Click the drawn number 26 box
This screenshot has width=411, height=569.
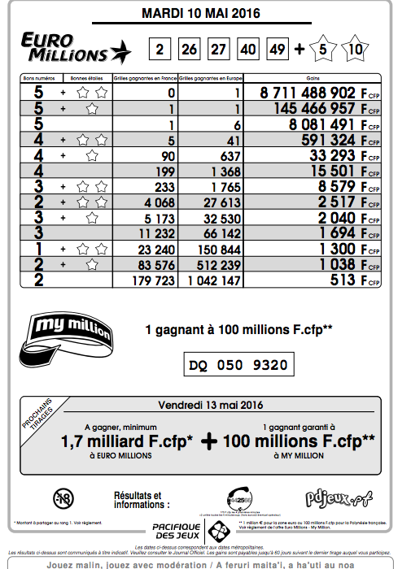point(189,50)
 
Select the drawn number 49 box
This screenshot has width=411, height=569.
point(278,50)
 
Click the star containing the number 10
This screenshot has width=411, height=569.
point(356,50)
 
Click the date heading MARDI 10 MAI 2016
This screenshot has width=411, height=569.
point(206,14)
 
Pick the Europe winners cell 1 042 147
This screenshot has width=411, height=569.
point(210,280)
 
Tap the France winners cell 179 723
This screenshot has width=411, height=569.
point(154,280)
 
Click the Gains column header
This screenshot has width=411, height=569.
point(313,78)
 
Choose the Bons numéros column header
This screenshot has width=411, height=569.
point(37,78)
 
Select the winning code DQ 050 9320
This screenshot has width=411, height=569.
point(237,365)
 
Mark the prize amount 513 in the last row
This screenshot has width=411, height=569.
point(343,280)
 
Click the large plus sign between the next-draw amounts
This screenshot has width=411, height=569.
point(211,441)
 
